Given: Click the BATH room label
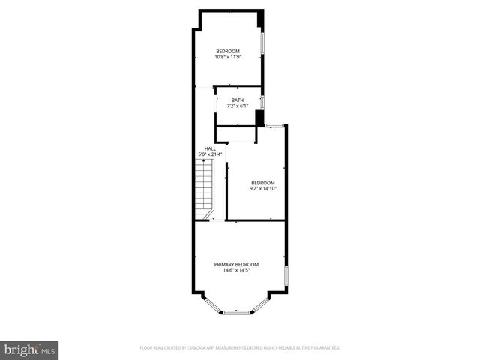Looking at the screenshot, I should [237, 100].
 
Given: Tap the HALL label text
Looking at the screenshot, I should [210, 148].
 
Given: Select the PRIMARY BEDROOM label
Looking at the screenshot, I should [236, 265].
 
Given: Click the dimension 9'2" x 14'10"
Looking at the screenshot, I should [262, 189].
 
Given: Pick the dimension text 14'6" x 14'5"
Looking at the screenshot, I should [236, 271].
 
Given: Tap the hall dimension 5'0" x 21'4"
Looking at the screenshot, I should [210, 154].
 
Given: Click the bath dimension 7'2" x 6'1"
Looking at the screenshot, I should [237, 106].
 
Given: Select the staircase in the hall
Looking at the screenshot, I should [205, 190].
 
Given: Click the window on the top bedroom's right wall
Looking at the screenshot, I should [262, 43].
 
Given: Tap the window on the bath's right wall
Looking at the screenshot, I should [262, 101].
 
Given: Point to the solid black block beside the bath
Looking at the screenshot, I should [259, 118].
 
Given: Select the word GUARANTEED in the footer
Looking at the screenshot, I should [325, 348].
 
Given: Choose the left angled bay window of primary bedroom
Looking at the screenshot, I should [211, 304].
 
